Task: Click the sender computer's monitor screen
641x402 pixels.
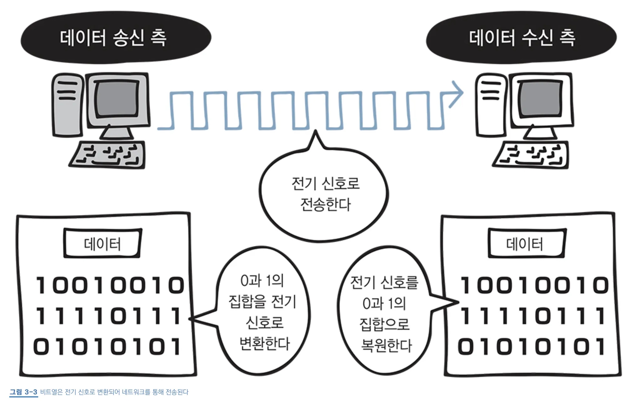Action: [117, 99]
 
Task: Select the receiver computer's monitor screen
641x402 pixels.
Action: [540, 99]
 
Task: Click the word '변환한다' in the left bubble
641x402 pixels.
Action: [264, 343]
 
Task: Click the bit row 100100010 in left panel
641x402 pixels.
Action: [110, 285]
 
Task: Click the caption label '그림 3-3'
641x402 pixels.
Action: [23, 392]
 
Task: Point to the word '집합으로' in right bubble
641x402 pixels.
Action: [384, 324]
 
